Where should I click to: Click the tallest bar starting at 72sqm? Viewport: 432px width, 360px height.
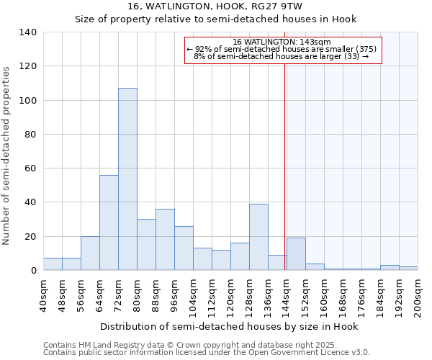(127, 179)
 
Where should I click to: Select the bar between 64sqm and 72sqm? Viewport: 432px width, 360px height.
(109, 222)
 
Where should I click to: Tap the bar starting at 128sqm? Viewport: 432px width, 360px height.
(258, 237)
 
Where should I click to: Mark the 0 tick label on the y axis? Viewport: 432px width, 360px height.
(33, 271)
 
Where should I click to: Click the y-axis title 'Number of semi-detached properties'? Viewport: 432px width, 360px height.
(7, 156)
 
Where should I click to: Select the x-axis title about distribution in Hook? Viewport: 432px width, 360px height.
(229, 326)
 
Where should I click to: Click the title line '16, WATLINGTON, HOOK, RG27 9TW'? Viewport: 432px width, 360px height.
(215, 6)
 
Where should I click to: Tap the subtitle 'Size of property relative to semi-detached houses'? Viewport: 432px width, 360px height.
(215, 19)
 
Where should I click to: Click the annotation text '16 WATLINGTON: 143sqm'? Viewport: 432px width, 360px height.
(282, 42)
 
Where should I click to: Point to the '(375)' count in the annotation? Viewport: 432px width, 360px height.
(366, 49)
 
